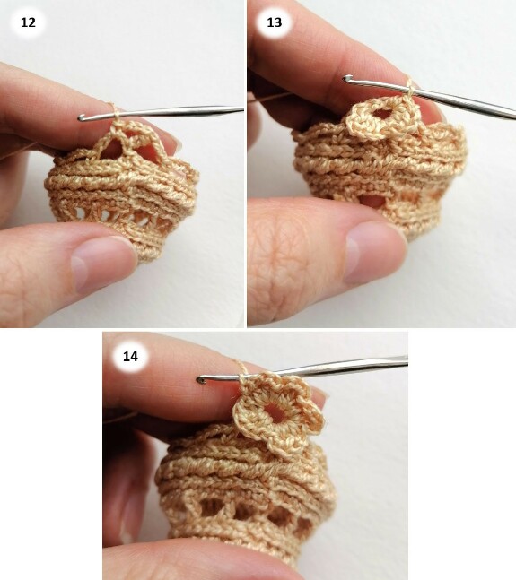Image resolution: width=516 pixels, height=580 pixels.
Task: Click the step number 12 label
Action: pos(28,22)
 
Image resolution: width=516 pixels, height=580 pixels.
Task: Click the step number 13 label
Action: pos(275,22)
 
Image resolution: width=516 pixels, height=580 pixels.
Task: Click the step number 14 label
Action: pos(130,356)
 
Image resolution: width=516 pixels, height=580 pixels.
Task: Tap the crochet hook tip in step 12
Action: pos(80,118)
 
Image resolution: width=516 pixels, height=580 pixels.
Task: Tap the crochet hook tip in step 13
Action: pos(346,78)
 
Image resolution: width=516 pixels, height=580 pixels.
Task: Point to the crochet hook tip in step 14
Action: pos(200,380)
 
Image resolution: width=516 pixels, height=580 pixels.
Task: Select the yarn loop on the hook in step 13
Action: pos(410,87)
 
